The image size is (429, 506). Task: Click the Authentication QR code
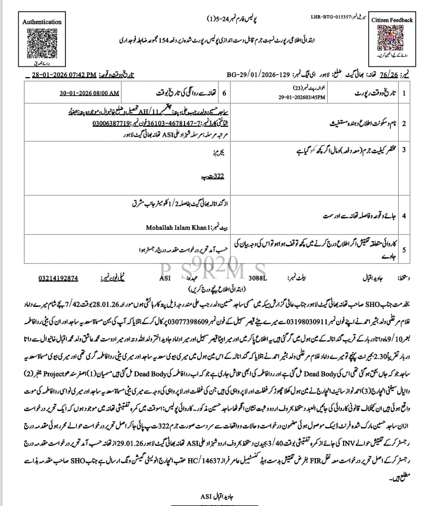point(41,43)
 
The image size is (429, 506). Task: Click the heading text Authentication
point(42,22)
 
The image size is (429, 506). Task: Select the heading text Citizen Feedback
point(392,20)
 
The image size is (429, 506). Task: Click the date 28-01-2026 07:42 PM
point(64,75)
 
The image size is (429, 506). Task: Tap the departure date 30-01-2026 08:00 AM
point(89,93)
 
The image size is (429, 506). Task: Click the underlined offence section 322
point(216,176)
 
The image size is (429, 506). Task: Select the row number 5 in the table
point(404,250)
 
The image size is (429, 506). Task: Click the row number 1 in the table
point(404,93)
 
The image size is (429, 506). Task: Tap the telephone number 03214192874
point(58,278)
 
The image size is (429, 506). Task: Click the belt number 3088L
point(258,279)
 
